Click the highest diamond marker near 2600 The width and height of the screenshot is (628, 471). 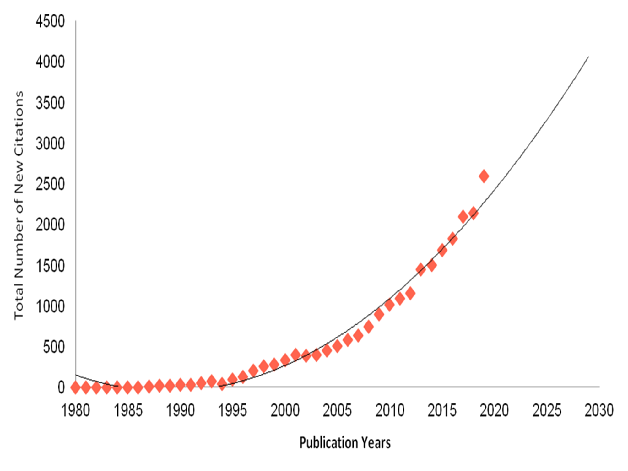484,176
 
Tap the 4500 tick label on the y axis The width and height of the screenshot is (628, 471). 50,22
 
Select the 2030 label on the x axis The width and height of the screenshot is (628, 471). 599,411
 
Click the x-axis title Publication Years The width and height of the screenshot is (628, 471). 345,443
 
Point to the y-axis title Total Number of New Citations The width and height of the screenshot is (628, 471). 19,206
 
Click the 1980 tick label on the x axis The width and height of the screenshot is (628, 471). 75,411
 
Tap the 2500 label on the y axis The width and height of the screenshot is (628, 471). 50,184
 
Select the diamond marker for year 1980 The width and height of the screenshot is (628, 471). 76,387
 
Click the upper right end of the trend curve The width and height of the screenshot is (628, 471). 588,57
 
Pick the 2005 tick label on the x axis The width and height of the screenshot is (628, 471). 337,411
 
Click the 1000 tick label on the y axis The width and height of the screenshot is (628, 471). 50,306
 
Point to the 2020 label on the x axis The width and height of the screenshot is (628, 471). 494,411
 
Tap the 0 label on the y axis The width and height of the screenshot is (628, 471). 61,388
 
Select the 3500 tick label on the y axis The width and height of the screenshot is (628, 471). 50,103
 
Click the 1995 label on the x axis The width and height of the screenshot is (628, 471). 232,411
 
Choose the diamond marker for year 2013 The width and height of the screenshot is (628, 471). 421,269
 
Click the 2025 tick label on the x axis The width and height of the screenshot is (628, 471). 547,411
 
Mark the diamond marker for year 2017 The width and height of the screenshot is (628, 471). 463,216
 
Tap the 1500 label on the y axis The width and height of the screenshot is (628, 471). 50,266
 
